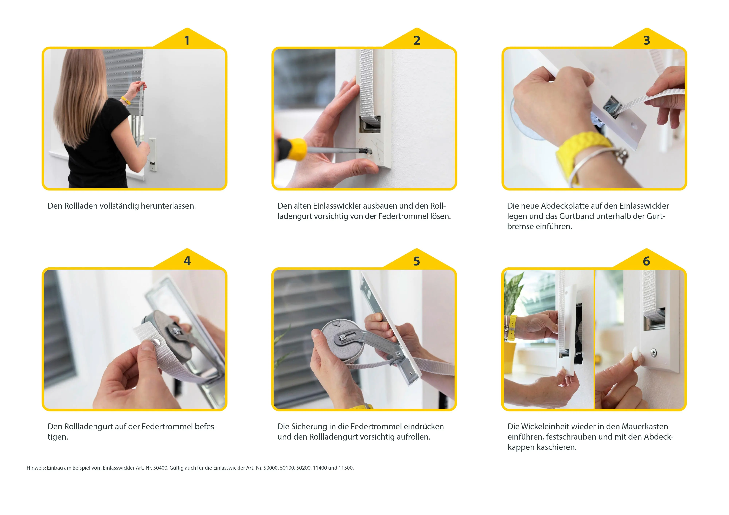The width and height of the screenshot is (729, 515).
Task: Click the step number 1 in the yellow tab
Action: (187, 40)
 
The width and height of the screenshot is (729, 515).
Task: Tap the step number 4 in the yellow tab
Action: (187, 261)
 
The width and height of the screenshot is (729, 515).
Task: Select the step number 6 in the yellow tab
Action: (646, 261)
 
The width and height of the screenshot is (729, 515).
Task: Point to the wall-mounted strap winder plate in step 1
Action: (153, 154)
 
